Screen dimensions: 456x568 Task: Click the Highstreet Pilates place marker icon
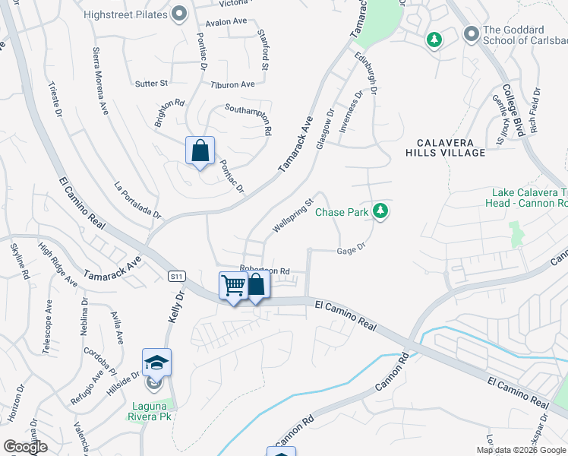[180, 13]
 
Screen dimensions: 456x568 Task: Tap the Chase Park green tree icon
[381, 212]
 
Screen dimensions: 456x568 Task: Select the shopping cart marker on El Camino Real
[233, 287]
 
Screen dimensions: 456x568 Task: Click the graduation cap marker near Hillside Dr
[156, 363]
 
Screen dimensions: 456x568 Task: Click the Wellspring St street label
[293, 217]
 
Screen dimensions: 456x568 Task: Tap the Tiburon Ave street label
[232, 84]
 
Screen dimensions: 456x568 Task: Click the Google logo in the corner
[26, 447]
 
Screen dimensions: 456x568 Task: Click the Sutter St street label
[151, 83]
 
